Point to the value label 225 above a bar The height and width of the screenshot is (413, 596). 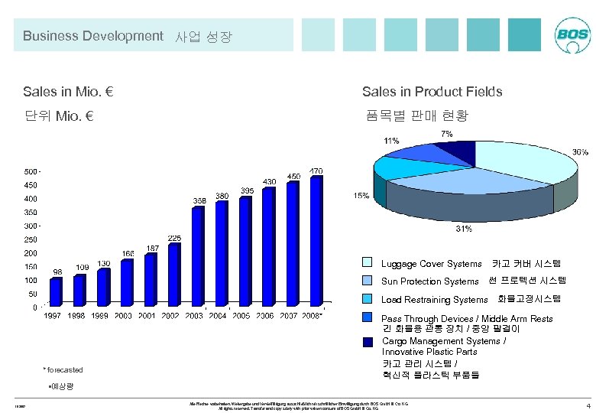(174, 238)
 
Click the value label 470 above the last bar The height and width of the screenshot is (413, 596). (316, 170)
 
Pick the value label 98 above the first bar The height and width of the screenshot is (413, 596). (57, 272)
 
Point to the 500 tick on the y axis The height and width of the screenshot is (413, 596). (30, 170)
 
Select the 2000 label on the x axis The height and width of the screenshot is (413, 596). (124, 316)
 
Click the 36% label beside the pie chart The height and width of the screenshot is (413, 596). (581, 152)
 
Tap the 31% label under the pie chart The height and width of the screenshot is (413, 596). (464, 229)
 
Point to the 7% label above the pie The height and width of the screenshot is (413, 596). (446, 134)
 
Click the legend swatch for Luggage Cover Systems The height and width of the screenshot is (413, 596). (368, 263)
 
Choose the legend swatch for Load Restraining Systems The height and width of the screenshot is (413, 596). (368, 299)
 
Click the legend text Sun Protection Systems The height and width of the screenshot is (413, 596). (429, 281)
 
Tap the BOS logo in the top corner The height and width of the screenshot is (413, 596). (572, 36)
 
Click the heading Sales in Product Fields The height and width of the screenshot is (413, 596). (432, 92)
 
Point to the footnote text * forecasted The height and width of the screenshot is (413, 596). (63, 369)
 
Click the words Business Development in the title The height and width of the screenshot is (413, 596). (92, 36)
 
